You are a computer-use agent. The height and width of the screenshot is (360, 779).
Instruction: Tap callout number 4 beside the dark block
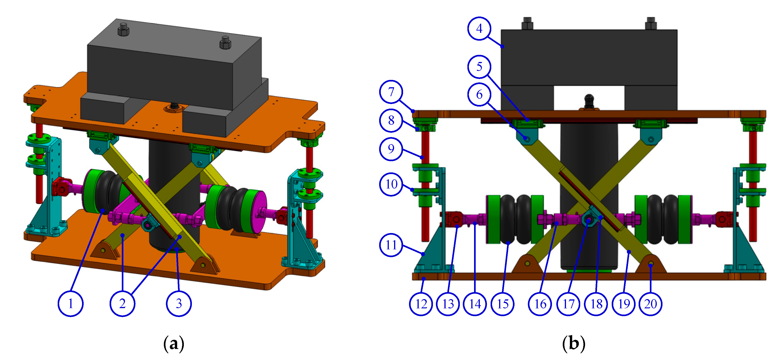coord(479,28)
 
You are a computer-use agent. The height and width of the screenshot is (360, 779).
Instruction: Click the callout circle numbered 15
coord(503,304)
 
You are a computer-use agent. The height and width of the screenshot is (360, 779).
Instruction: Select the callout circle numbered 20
coord(651,304)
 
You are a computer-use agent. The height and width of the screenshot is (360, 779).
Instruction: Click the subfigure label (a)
coord(173,344)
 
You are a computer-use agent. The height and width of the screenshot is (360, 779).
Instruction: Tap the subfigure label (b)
coord(573,344)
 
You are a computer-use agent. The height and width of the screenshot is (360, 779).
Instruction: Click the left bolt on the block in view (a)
coord(123,29)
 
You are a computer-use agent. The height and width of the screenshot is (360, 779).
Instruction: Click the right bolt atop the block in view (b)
coord(651,23)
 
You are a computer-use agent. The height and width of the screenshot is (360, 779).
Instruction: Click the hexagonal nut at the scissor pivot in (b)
coord(588,220)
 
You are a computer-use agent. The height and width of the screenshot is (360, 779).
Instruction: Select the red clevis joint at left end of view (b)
coord(450,219)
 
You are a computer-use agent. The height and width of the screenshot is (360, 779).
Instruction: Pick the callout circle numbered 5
coord(479,67)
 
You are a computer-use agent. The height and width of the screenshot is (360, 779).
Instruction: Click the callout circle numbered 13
coord(448,304)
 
